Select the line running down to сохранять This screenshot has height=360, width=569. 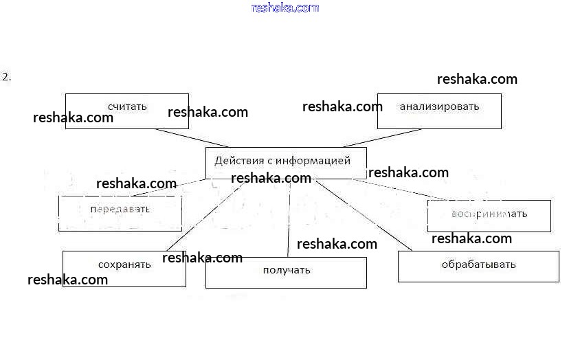[x=206, y=214]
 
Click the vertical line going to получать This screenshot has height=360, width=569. [x=289, y=220]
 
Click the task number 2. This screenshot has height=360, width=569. [x=7, y=77]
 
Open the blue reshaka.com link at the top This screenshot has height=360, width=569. [x=285, y=8]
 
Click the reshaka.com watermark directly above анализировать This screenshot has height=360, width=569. [x=477, y=79]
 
